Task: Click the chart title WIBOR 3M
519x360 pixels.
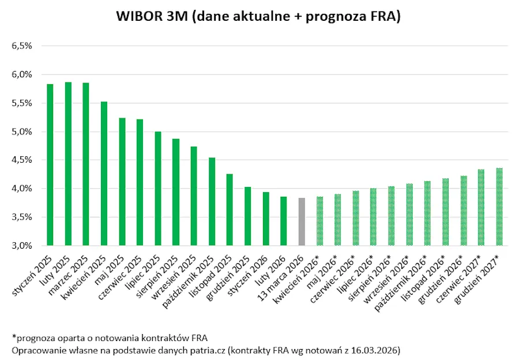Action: [258, 17]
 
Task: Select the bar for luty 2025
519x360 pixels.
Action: [68, 164]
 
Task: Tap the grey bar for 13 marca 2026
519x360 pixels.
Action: [302, 222]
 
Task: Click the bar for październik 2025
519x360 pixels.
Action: [212, 201]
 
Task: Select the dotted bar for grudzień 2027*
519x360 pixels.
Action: [499, 207]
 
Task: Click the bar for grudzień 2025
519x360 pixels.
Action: [247, 216]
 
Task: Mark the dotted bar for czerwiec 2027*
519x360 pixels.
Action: [481, 207]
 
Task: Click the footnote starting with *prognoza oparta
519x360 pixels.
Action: [110, 337]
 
